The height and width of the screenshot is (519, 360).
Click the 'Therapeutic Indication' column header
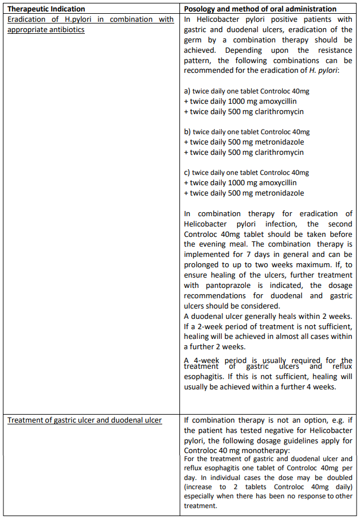tap(46, 9)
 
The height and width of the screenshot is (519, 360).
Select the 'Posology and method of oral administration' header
tap(260, 9)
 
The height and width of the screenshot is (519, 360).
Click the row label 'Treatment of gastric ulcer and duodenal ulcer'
tap(84, 420)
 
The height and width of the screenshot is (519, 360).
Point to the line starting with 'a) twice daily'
tap(246, 91)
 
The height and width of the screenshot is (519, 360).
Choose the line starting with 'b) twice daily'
tap(246, 132)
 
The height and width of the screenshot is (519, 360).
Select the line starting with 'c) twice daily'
tap(246, 173)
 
